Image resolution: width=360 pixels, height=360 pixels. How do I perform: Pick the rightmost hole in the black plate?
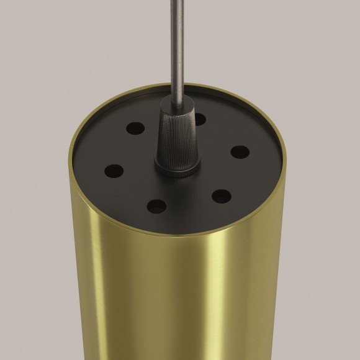(x=240, y=152)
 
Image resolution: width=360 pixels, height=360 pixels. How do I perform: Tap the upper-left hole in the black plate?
(x=135, y=129)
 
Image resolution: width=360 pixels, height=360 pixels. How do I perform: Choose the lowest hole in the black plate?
(x=156, y=206)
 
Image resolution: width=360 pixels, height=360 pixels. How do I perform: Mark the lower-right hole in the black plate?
(x=221, y=196)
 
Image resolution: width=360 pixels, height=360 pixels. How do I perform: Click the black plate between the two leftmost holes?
(x=122, y=149)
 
